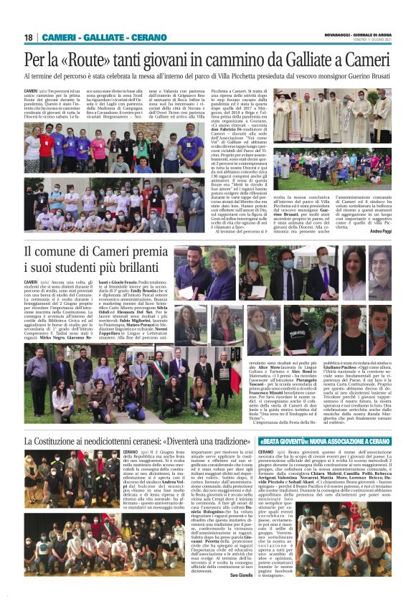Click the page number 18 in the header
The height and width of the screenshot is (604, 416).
point(29,37)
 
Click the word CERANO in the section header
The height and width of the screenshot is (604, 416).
point(149,37)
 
